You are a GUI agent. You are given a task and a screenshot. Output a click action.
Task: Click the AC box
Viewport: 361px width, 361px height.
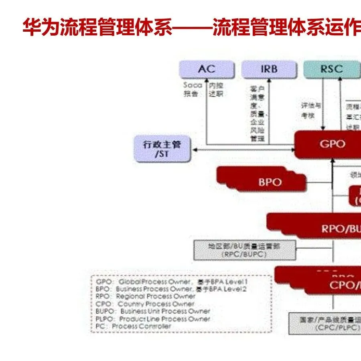click(x=207, y=69)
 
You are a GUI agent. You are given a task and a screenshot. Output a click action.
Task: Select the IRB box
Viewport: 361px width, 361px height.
click(x=269, y=69)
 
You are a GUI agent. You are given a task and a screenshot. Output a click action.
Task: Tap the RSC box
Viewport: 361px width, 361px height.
click(x=331, y=69)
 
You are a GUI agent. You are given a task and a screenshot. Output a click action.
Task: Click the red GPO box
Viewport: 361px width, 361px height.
click(x=331, y=144)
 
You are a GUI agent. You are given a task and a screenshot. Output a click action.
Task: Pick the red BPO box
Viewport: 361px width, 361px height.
click(x=270, y=182)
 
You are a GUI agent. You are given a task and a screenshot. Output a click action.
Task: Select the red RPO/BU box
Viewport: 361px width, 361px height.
click(x=337, y=229)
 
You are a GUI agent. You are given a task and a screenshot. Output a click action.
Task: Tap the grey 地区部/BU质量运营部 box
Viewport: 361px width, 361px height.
click(x=238, y=250)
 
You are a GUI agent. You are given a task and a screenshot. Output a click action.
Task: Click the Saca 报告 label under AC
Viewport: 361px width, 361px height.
click(x=192, y=89)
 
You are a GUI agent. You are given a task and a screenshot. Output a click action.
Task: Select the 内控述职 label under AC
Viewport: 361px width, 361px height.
click(x=216, y=89)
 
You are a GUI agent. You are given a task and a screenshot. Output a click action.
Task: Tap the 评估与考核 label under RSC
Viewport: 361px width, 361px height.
click(x=311, y=110)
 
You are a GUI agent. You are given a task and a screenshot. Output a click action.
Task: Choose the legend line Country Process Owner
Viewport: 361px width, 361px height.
click(x=145, y=304)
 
